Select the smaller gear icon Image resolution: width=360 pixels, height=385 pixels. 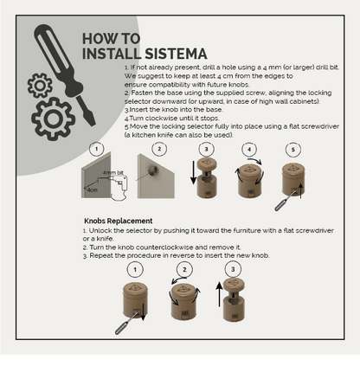(40, 85)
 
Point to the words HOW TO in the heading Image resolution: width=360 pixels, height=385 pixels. (111, 39)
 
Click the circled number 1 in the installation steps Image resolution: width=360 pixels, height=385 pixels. (96, 149)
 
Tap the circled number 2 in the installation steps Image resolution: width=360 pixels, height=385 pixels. (159, 149)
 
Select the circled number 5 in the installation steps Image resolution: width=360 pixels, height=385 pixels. (292, 149)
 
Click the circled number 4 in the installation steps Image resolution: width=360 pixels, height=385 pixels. (250, 149)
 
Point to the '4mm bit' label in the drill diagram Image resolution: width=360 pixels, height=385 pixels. (112, 173)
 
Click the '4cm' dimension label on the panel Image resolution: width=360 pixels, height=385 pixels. (92, 189)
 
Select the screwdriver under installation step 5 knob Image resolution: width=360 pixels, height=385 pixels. (280, 203)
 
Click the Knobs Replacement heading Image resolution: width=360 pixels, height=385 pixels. (118, 221)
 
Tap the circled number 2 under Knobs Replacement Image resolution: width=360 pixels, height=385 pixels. (183, 269)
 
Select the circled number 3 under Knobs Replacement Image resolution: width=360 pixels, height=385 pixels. (231, 269)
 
